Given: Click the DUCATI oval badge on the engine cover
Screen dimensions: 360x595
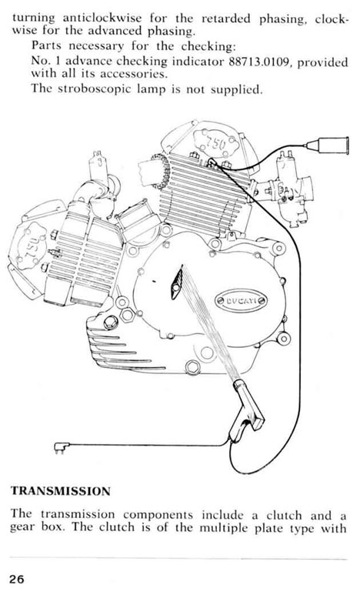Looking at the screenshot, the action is click(x=241, y=302).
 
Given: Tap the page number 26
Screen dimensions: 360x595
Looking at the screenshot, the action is click(x=17, y=579).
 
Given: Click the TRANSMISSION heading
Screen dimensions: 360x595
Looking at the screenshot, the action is click(x=60, y=490).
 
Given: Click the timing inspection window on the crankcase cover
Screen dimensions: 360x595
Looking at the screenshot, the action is click(x=177, y=282).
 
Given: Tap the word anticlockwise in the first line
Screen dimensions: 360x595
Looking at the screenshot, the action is click(x=102, y=18).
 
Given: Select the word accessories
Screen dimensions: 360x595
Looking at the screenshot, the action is click(x=133, y=73).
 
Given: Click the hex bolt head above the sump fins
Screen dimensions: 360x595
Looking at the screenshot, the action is click(x=111, y=323).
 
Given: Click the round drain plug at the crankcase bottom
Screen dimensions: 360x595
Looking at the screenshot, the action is click(x=193, y=367).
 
